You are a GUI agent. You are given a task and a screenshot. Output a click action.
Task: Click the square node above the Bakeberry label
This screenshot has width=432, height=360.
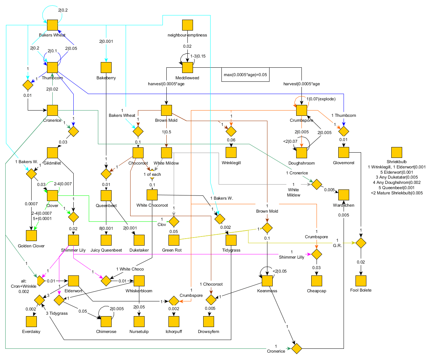point(106,67)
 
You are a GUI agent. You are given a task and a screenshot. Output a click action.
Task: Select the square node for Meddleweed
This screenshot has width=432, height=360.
point(187,67)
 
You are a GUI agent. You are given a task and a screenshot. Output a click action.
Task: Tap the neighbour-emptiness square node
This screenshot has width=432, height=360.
point(187,25)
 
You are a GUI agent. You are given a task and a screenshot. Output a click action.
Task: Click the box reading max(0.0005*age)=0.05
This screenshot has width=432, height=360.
point(245,74)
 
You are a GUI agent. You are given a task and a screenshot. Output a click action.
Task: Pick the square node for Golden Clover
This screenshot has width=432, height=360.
point(31,235)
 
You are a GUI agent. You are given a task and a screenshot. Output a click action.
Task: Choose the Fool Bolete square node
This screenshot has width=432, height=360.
point(361,281)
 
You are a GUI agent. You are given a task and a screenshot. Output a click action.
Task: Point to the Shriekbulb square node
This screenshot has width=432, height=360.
point(397,152)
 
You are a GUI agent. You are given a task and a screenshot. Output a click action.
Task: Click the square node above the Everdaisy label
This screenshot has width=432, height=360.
point(31,321)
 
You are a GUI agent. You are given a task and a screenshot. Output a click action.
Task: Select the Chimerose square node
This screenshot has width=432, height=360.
point(106,321)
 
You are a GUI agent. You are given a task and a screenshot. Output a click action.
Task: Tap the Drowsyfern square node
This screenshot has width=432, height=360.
point(208,321)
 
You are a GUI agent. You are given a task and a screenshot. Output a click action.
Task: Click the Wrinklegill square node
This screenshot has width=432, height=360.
point(231,152)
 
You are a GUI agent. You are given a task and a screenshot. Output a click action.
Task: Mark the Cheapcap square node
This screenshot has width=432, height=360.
point(317,281)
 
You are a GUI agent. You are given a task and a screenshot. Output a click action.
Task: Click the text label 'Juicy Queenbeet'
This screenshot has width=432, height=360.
point(106,250)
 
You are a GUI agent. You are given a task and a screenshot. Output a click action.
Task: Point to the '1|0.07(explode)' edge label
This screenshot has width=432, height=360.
point(321,99)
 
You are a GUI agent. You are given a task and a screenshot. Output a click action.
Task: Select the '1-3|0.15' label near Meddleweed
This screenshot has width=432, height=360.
point(198,56)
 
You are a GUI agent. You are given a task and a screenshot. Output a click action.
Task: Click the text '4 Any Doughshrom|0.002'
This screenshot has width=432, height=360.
point(397,182)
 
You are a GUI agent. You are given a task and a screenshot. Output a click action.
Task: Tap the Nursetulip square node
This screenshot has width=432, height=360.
point(139,321)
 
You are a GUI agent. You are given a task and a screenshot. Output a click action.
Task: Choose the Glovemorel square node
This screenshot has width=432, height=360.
point(344,152)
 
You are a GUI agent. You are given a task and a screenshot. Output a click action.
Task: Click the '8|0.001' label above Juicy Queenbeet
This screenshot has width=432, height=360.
point(106,228)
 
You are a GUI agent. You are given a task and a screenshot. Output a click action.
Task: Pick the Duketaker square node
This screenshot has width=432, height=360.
point(139,240)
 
